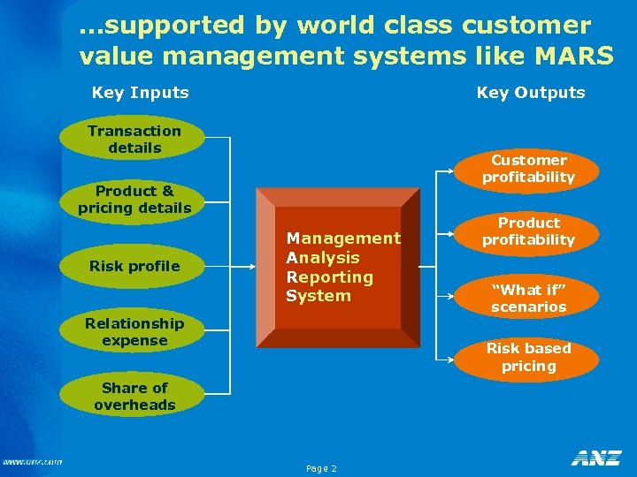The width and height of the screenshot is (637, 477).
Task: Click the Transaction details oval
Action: (x=134, y=140)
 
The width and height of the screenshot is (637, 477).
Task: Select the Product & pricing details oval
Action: (x=134, y=200)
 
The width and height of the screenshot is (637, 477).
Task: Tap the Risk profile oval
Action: (x=134, y=266)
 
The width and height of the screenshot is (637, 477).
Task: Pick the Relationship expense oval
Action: (x=134, y=332)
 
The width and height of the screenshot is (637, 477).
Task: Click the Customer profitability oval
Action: (x=529, y=169)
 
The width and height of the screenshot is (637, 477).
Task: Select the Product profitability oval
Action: (x=529, y=231)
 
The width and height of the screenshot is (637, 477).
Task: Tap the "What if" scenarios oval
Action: (x=529, y=298)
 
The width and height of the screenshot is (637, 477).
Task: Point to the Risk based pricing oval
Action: (x=529, y=357)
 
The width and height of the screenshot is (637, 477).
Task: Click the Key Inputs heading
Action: (x=141, y=92)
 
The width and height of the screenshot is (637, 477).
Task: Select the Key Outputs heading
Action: (x=531, y=92)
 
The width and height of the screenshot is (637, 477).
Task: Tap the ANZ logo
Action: (x=596, y=458)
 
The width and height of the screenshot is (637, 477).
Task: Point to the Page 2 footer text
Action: (x=321, y=468)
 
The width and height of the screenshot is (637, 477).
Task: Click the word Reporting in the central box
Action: (x=329, y=276)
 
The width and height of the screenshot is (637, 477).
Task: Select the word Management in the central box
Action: (x=343, y=238)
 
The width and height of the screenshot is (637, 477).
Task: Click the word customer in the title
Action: (x=523, y=26)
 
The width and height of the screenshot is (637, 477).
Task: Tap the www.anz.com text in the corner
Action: (x=32, y=461)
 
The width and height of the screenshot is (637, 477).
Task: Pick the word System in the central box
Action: (x=318, y=296)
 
